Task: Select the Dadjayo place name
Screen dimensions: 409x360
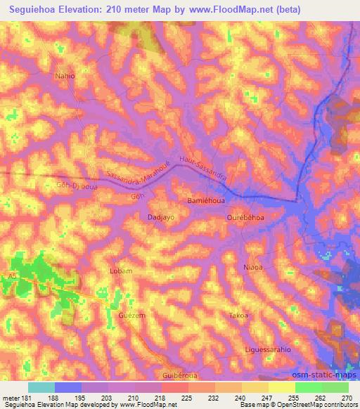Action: [x=160, y=218]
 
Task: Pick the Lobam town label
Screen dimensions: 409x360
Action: [x=121, y=270]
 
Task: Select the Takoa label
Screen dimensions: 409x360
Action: [x=238, y=316]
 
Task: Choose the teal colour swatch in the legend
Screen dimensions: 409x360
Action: [x=41, y=387]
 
